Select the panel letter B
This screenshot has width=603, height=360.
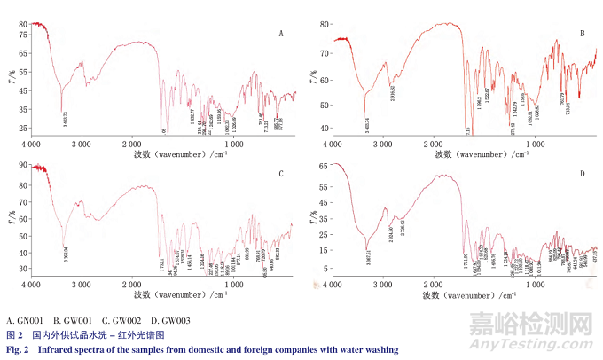(x=582, y=34)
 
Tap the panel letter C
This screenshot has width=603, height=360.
(x=280, y=174)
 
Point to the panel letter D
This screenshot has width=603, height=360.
(x=582, y=174)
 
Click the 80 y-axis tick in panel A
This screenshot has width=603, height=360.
(x=24, y=24)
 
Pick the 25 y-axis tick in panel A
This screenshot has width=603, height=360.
(x=24, y=129)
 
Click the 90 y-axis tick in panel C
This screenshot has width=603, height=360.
(x=24, y=167)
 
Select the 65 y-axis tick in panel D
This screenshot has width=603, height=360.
(x=324, y=166)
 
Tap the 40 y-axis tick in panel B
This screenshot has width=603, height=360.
(x=324, y=128)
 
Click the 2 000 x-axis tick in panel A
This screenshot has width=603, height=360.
(x=129, y=143)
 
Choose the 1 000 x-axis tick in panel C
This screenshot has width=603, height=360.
(x=231, y=286)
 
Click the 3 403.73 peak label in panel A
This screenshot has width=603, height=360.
(x=64, y=117)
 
